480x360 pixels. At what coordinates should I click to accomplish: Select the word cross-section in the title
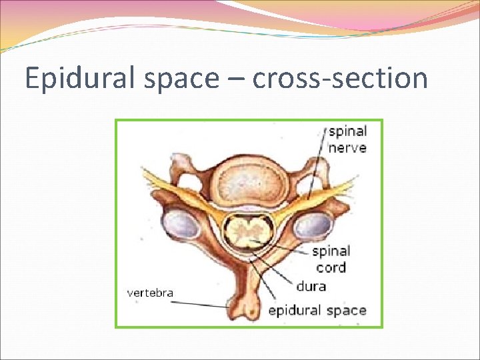(x=339, y=78)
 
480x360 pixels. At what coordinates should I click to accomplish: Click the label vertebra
(x=150, y=293)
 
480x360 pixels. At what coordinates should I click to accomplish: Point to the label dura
(x=310, y=287)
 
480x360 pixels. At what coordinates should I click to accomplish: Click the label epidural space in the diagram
(x=317, y=311)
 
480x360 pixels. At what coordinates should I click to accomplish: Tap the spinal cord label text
(x=331, y=259)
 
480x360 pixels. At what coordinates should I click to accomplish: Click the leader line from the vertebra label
(x=200, y=303)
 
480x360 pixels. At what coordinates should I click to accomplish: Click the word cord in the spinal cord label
(x=331, y=267)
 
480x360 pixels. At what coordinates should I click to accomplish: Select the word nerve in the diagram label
(x=347, y=147)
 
